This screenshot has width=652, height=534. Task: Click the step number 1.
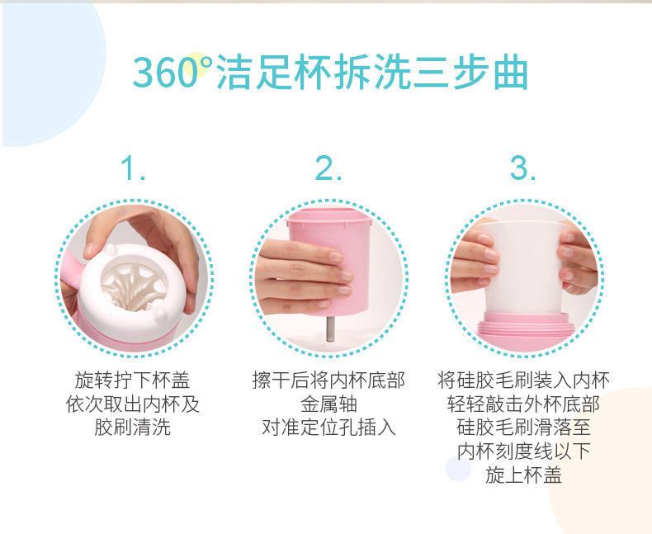point(133,169)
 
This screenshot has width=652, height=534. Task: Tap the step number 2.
point(328,169)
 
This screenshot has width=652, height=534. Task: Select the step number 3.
point(522,169)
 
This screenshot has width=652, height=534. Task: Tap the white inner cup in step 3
point(525,264)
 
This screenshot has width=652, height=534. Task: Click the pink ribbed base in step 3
point(524,328)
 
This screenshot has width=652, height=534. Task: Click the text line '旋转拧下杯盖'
point(132,380)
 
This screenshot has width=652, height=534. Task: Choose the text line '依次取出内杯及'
point(132,404)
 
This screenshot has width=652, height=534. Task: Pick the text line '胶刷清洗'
point(132,428)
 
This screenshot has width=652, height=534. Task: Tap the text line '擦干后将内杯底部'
point(328,380)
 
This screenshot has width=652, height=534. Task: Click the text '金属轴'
point(328,404)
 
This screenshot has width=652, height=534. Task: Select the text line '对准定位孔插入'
point(328,428)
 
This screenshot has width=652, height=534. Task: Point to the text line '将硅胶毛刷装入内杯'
point(523,380)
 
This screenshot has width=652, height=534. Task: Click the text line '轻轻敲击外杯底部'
point(523,404)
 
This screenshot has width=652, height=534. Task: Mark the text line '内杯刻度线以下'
point(523,452)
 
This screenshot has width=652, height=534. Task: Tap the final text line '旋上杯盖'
point(523,476)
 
